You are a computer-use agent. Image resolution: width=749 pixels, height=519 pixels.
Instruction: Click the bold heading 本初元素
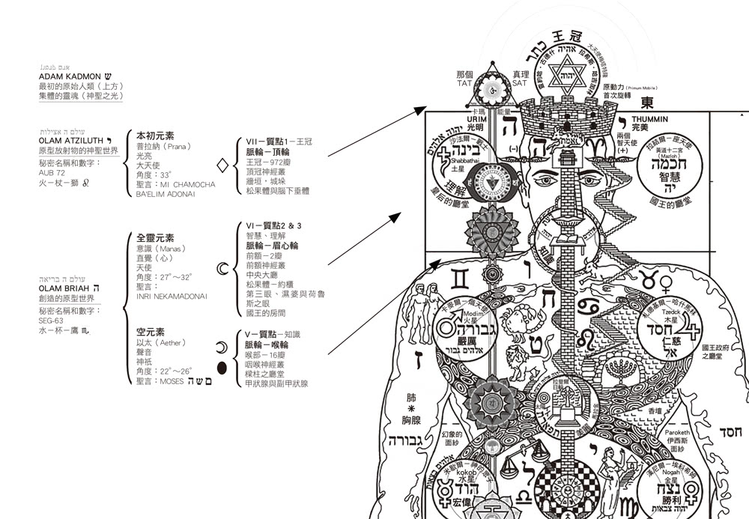click(155, 136)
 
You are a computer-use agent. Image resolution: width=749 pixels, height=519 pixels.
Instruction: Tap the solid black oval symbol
click(222, 367)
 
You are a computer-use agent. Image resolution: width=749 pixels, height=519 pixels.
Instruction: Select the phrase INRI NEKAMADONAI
click(172, 297)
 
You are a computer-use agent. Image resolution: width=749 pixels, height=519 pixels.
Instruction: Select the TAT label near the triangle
click(464, 84)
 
